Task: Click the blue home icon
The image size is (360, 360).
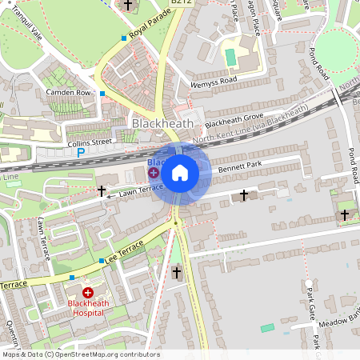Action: [x=180, y=172]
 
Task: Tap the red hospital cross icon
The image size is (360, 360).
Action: [x=88, y=294]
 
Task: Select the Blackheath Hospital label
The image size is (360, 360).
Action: [x=88, y=308]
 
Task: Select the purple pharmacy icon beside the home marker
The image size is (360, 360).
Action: [x=153, y=173]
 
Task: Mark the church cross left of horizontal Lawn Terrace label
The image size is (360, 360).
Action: [x=102, y=191]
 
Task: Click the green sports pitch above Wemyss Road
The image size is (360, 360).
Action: [x=231, y=58]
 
